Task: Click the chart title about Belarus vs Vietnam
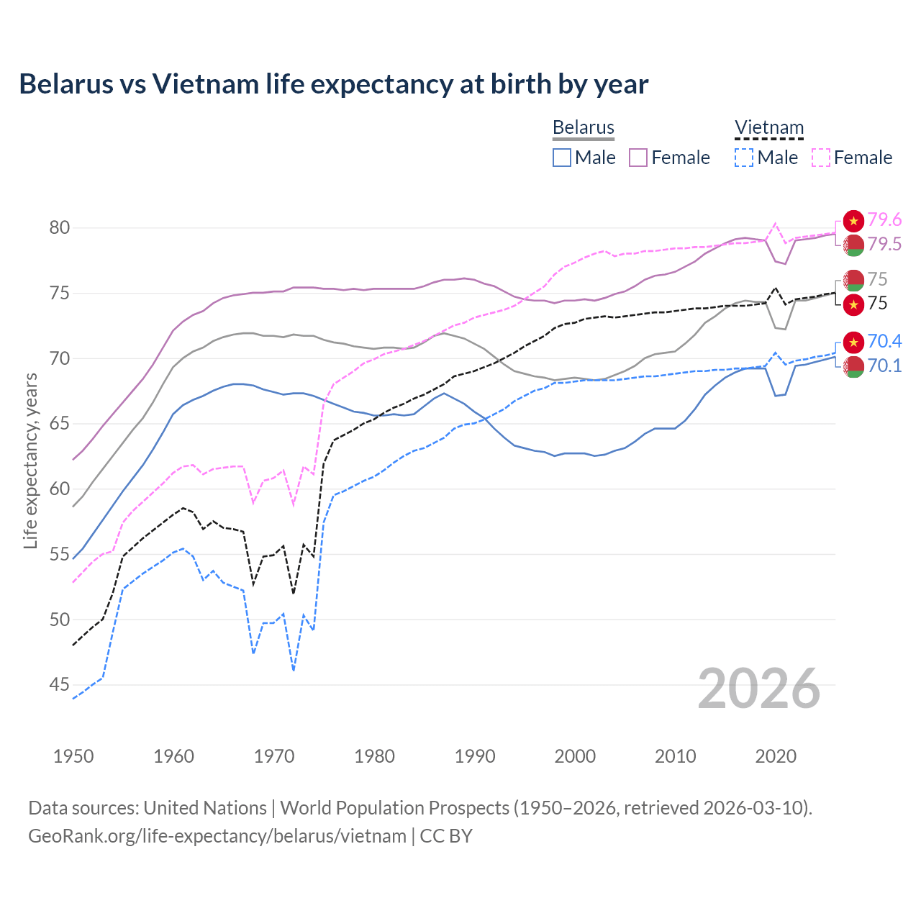333,84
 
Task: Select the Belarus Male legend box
562,158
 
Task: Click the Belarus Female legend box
638,158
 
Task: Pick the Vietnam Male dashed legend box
744,158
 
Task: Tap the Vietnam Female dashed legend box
821,158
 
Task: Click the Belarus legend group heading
583,128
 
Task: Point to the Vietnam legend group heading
768,128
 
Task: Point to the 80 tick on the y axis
60,228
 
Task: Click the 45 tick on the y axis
60,685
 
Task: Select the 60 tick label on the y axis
60,489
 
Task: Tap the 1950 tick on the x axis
73,756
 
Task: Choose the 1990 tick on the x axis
475,756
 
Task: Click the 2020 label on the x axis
776,756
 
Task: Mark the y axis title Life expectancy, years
30,460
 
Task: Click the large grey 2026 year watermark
759,689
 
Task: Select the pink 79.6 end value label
884,219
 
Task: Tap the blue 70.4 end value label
884,341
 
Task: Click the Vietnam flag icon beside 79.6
853,221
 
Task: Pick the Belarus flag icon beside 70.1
853,366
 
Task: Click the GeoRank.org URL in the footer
217,836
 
